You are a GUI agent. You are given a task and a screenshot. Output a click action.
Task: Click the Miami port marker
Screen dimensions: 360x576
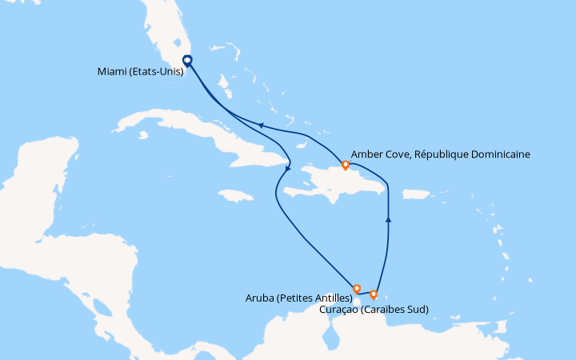tap(187, 60)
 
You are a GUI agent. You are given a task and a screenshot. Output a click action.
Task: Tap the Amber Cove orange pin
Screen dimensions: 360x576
tap(346, 165)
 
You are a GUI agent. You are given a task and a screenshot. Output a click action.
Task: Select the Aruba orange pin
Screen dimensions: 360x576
tap(357, 288)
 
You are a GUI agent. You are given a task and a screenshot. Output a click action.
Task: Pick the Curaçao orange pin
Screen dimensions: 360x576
tap(374, 294)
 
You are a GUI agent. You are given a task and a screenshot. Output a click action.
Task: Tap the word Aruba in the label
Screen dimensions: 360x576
tap(262, 298)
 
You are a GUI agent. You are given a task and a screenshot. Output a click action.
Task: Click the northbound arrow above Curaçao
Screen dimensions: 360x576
tap(388, 218)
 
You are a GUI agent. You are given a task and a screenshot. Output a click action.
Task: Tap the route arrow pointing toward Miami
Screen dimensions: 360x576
tap(260, 124)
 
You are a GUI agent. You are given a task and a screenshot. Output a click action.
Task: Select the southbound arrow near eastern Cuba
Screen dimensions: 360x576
tap(287, 166)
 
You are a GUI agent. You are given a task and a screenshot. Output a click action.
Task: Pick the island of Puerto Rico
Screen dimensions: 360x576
tap(415, 194)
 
